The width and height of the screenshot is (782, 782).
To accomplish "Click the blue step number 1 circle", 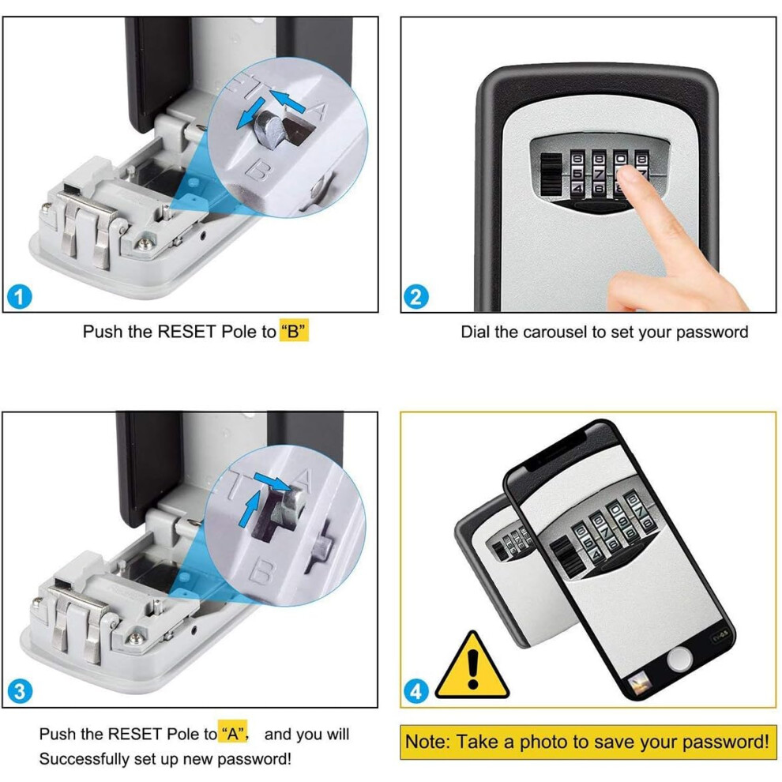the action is click(20, 297).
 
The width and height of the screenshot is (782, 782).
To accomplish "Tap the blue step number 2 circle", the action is click(416, 297).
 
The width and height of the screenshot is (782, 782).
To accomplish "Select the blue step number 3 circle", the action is click(20, 692).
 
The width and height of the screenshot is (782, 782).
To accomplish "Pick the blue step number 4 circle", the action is click(416, 692).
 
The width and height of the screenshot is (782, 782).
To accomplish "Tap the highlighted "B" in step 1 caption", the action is click(294, 332).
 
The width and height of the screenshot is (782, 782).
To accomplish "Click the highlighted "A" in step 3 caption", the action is click(232, 734).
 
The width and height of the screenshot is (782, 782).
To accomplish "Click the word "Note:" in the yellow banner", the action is click(427, 742).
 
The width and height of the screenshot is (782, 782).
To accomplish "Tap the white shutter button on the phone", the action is click(680, 660).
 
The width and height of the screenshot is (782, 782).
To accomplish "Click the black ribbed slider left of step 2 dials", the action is click(551, 175).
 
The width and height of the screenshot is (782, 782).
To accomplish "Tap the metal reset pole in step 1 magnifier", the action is click(269, 128).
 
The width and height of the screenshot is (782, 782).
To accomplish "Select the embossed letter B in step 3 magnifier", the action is click(261, 573).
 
